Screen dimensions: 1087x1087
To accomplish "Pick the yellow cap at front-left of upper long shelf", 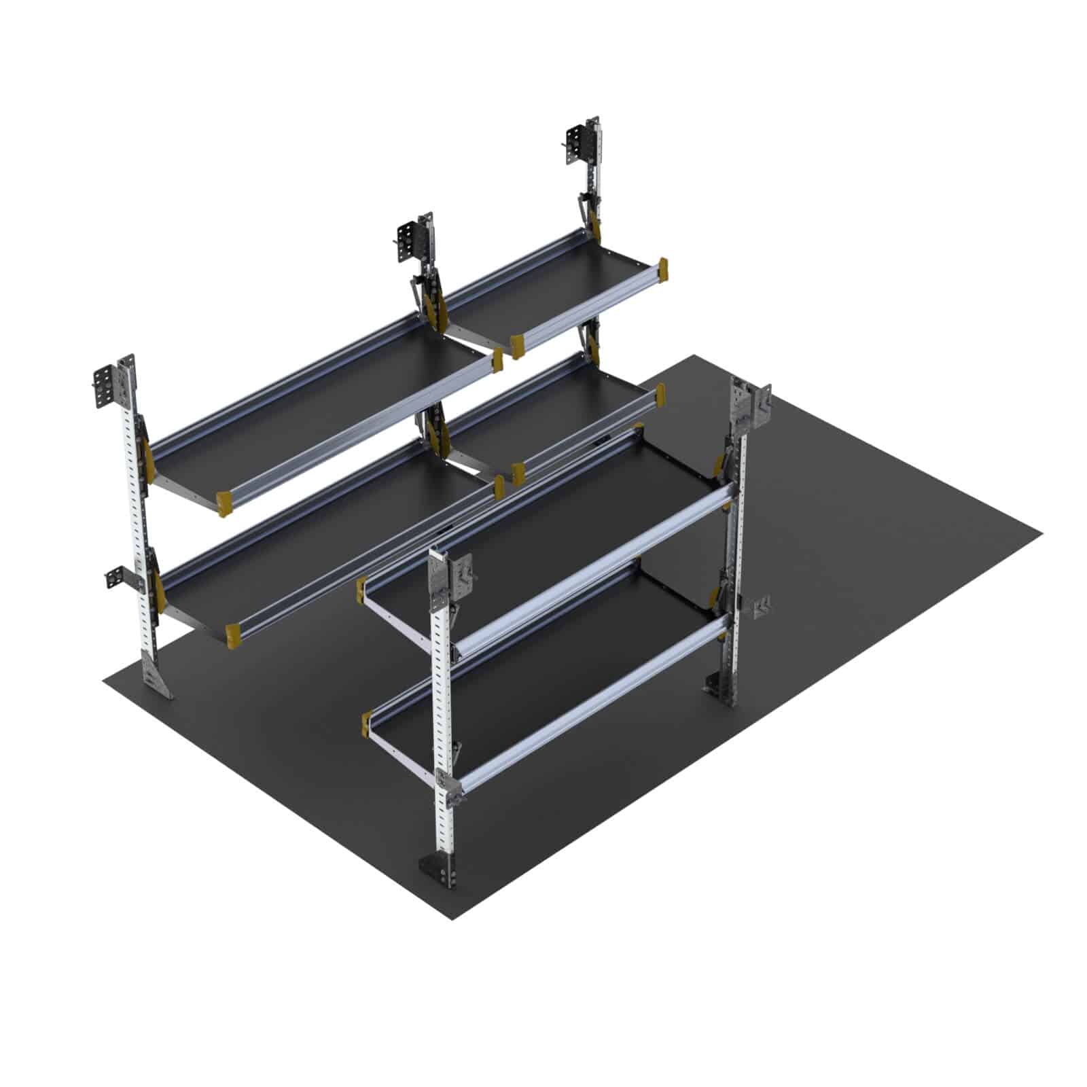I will point(225,503).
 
